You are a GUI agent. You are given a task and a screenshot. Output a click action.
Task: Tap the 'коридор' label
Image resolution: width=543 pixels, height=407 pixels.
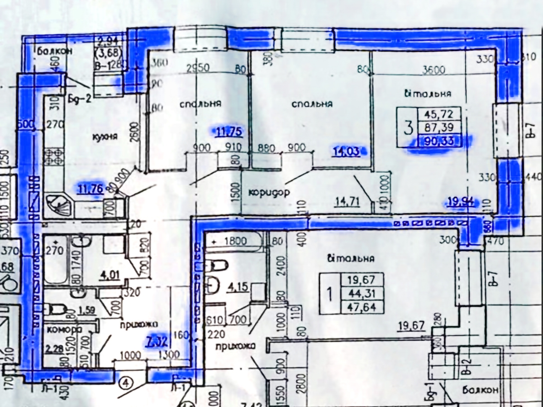click(x=269, y=192)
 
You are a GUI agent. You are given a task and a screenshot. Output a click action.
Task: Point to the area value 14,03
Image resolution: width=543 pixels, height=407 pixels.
click(x=346, y=151)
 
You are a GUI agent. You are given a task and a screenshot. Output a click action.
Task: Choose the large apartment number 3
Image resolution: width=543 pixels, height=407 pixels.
click(x=408, y=128)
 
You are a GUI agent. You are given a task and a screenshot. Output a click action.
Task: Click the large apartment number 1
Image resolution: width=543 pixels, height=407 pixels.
click(x=330, y=294)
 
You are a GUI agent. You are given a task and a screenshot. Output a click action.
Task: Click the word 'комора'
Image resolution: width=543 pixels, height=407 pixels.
click(x=64, y=329)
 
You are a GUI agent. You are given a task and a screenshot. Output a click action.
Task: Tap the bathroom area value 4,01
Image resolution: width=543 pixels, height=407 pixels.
click(x=111, y=274)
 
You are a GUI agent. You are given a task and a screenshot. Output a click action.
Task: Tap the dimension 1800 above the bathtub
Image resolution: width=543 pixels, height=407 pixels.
click(x=234, y=241)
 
